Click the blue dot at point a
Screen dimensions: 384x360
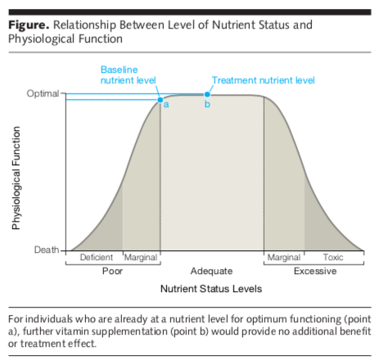(x=160, y=100)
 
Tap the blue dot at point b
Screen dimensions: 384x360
(x=207, y=94)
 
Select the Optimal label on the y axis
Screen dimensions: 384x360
(x=43, y=94)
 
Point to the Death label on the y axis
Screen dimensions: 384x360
(x=47, y=250)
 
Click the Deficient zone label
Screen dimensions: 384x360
(x=97, y=257)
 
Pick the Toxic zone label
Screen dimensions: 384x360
(x=333, y=257)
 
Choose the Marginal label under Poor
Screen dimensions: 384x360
(x=141, y=258)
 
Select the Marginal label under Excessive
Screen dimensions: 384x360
(x=284, y=258)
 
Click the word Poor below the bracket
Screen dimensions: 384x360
(x=112, y=271)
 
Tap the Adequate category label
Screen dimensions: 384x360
(x=211, y=271)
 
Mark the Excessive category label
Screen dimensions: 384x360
(x=315, y=271)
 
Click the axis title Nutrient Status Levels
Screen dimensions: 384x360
(x=211, y=289)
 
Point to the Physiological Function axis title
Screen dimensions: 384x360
(x=16, y=178)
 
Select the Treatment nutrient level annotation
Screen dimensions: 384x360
(x=264, y=80)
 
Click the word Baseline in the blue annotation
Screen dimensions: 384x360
(x=120, y=70)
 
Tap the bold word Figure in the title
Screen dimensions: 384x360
(x=29, y=25)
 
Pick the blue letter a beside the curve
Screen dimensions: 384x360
(x=166, y=105)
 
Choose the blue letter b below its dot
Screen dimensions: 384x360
(x=207, y=104)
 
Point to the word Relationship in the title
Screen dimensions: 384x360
(x=85, y=25)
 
